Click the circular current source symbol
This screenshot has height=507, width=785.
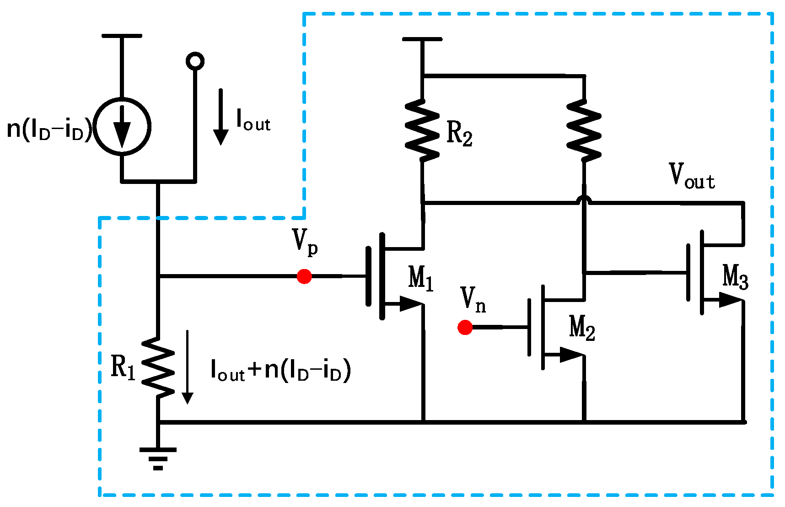coord(122,126)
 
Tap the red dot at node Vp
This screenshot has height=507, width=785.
coord(304,276)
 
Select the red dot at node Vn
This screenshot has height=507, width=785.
coord(465,328)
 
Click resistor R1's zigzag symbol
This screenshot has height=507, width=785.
coord(158,366)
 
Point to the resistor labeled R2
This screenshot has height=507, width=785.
coord(422,130)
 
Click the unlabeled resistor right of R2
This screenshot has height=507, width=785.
coord(584,130)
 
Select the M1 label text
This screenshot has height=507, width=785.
coord(420,278)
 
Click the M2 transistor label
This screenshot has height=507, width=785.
coord(582,328)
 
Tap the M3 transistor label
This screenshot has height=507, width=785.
coord(735,277)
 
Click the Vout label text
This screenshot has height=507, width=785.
coord(691,176)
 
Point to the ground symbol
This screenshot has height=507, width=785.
coord(158,458)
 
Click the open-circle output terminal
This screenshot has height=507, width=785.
coord(195,61)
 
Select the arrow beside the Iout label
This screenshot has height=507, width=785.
coord(220,117)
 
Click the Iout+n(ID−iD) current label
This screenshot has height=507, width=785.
coord(280,370)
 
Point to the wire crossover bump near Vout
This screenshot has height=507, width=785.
coord(584,199)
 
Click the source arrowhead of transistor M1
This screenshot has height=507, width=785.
coord(410,303)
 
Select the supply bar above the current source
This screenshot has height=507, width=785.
coord(122,36)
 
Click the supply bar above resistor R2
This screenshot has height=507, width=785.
coord(422,39)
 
